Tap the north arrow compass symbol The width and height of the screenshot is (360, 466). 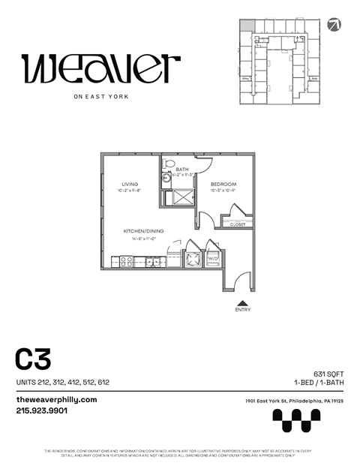pyautogui.click(x=334, y=25)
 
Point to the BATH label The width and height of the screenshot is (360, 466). pyautogui.click(x=182, y=170)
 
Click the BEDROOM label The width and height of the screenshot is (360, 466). pyautogui.click(x=223, y=185)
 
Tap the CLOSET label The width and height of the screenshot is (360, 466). pyautogui.click(x=237, y=224)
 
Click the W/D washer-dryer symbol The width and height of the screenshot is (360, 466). pyautogui.click(x=213, y=258)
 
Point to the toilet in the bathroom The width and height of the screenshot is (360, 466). pyautogui.click(x=169, y=163)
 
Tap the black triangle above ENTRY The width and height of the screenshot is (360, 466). pyautogui.click(x=242, y=301)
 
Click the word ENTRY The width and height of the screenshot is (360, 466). pyautogui.click(x=242, y=309)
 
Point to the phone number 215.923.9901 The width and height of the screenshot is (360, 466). pyautogui.click(x=42, y=410)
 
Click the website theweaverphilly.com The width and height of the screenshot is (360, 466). pyautogui.click(x=56, y=399)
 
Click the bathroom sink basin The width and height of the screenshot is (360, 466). pyautogui.click(x=166, y=181)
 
